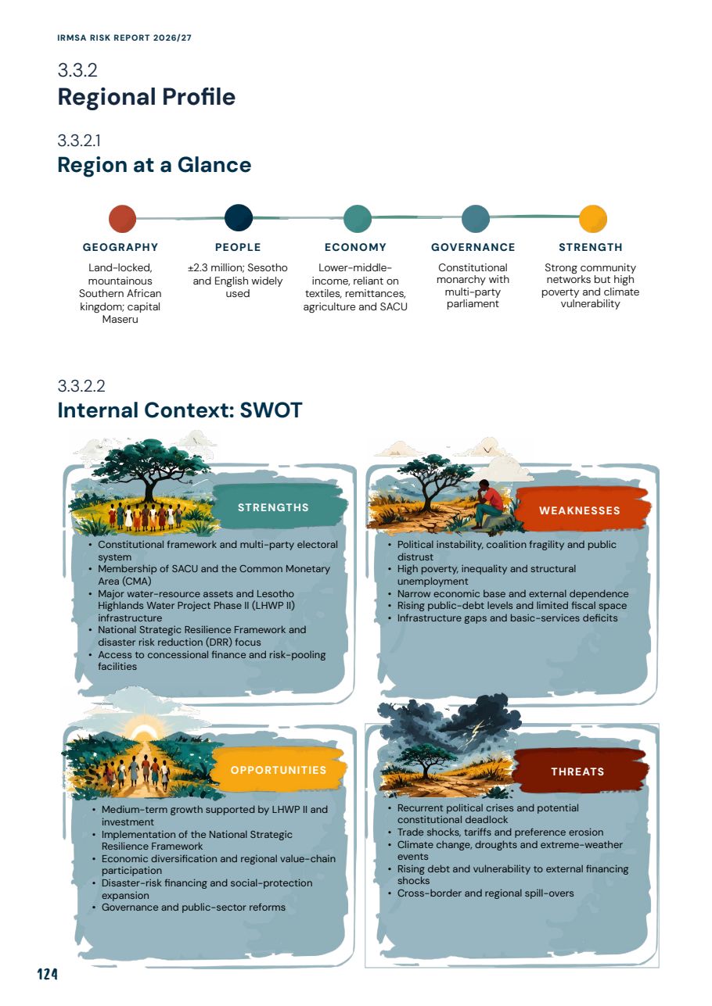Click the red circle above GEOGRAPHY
pyautogui.click(x=122, y=219)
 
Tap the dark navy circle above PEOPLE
pyautogui.click(x=238, y=218)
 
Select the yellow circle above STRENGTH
pyautogui.click(x=593, y=219)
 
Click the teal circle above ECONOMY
pyautogui.click(x=358, y=219)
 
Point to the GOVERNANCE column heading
pyautogui.click(x=473, y=247)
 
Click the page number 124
pyautogui.click(x=47, y=974)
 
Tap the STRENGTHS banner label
pyautogui.click(x=273, y=507)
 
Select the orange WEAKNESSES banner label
pyautogui.click(x=580, y=510)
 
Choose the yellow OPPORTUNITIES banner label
pyautogui.click(x=279, y=770)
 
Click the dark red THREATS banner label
pyautogui.click(x=577, y=772)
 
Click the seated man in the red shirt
pyautogui.click(x=490, y=503)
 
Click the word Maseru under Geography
pyautogui.click(x=120, y=320)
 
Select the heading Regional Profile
pyautogui.click(x=146, y=97)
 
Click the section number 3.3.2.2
pyautogui.click(x=81, y=386)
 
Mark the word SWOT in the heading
pyautogui.click(x=271, y=410)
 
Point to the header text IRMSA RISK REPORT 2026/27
pyautogui.click(x=124, y=38)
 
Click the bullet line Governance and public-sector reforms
pyautogui.click(x=193, y=908)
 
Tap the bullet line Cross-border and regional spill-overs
pyautogui.click(x=485, y=893)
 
